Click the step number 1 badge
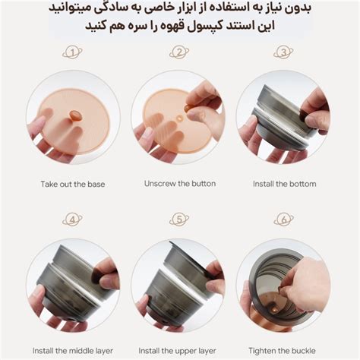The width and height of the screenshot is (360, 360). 73,52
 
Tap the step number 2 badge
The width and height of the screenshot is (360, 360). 179,52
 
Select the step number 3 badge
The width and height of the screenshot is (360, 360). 283,52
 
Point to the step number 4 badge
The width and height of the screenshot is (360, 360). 73,220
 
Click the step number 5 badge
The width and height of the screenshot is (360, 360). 179,220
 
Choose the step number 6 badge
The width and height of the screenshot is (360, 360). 283,220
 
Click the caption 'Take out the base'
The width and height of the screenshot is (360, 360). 73,184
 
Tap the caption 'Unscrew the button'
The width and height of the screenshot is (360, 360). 179,184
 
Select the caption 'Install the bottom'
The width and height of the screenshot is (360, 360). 283,184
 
